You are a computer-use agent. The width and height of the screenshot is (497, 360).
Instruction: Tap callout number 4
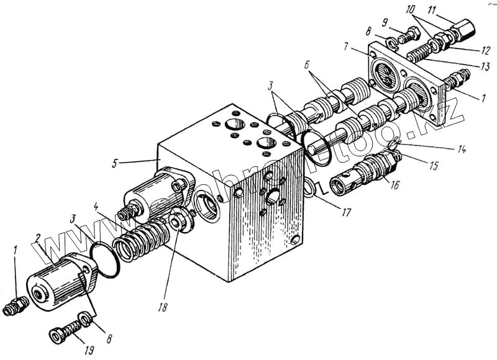(96, 205)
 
